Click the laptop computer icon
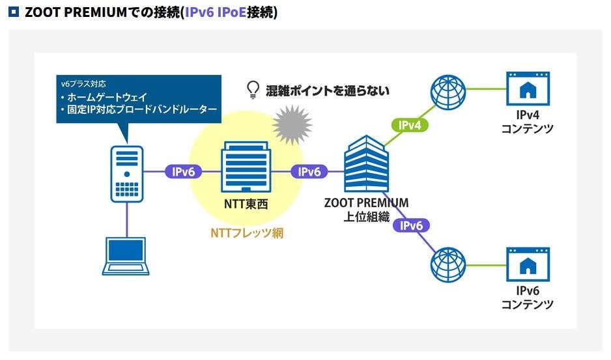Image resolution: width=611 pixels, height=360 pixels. pyautogui.click(x=126, y=256)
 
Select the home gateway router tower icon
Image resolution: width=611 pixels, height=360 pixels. pyautogui.click(x=126, y=174)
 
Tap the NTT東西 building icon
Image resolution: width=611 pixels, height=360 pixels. pyautogui.click(x=246, y=167)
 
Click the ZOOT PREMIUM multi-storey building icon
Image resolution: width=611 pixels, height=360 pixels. pyautogui.click(x=366, y=163)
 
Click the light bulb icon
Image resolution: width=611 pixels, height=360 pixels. pyautogui.click(x=253, y=90)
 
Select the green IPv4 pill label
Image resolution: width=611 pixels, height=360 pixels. pyautogui.click(x=410, y=125)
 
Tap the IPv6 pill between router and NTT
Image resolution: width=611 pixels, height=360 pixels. pyautogui.click(x=183, y=171)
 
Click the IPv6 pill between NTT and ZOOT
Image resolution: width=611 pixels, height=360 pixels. pyautogui.click(x=309, y=171)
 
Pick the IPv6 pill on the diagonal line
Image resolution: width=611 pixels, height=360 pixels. pyautogui.click(x=411, y=225)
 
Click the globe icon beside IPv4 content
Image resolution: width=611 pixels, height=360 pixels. pyautogui.click(x=448, y=92)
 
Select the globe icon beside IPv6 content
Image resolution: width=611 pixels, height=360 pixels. pyautogui.click(x=448, y=264)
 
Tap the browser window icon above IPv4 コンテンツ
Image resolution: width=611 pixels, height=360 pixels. pyautogui.click(x=528, y=89)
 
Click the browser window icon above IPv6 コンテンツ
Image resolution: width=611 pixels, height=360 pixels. pyautogui.click(x=528, y=264)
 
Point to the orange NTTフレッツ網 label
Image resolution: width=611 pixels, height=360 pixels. pyautogui.click(x=247, y=233)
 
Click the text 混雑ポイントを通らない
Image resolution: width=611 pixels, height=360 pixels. pyautogui.click(x=327, y=90)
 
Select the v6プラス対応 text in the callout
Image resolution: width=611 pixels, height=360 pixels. pyautogui.click(x=83, y=84)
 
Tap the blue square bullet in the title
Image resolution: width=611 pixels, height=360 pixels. pyautogui.click(x=14, y=12)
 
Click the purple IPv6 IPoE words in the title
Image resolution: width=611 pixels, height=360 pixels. pyautogui.click(x=216, y=12)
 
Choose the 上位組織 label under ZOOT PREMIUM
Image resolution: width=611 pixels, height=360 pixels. pyautogui.click(x=366, y=217)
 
